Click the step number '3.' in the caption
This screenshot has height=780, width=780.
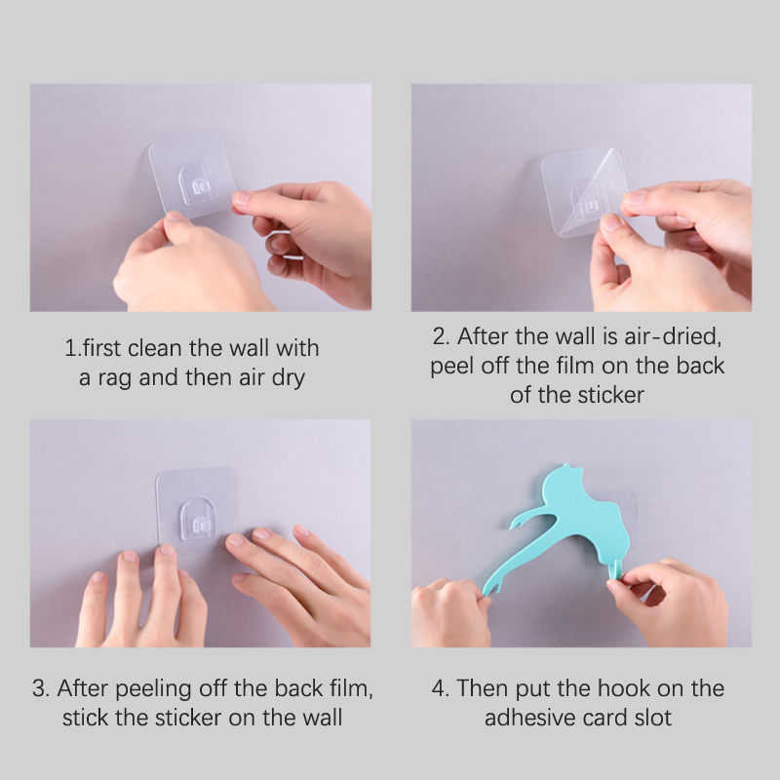(41, 688)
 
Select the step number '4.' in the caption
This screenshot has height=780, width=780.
(441, 688)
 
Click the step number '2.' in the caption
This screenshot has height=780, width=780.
(442, 336)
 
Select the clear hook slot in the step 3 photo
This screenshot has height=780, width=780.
(198, 519)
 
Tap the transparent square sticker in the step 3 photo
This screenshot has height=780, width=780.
(197, 507)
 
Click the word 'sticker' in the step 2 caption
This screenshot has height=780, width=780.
(611, 396)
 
